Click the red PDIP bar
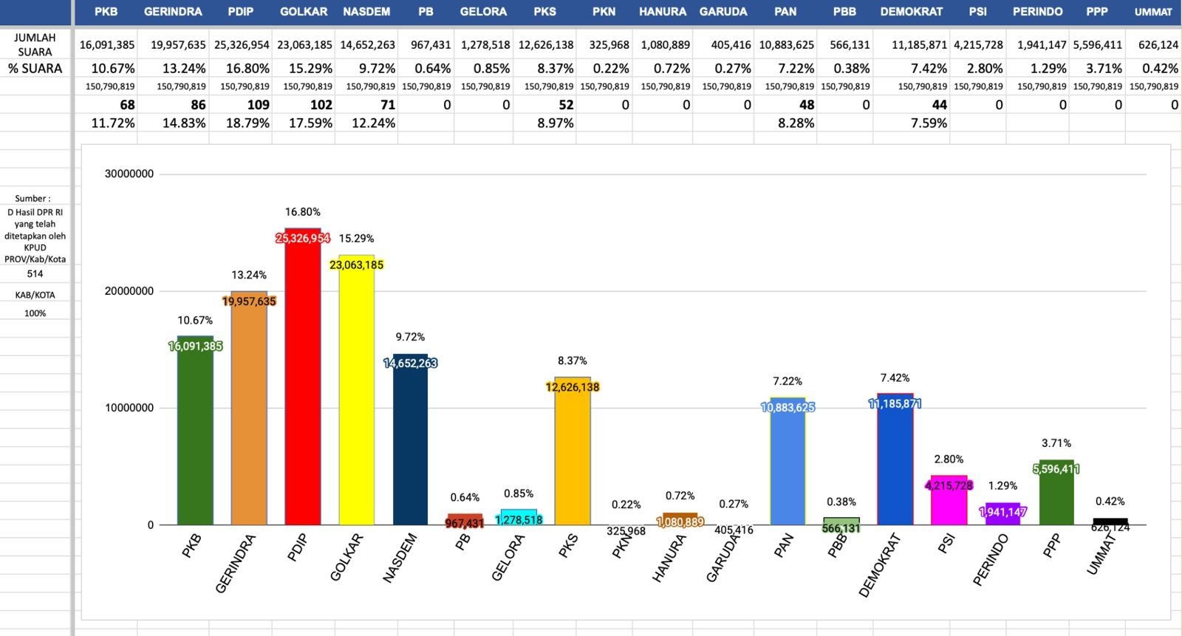coord(303,384)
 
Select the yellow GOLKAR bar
coord(356,399)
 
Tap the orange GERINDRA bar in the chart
coord(249,414)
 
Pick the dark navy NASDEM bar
coord(410,443)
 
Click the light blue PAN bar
coord(788,465)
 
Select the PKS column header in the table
coord(545,12)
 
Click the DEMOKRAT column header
coord(911,12)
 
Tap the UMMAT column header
coord(1152,12)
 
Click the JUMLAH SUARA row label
coord(35,44)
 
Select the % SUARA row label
coord(35,69)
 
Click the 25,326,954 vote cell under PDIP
coord(242,45)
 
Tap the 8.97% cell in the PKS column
coord(555,123)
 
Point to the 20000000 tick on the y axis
coord(129,291)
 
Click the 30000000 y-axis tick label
coord(129,174)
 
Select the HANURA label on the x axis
coord(669,558)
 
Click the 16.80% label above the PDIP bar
coord(303,212)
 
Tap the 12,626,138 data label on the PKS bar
coord(573,387)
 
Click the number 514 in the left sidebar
coord(35,273)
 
